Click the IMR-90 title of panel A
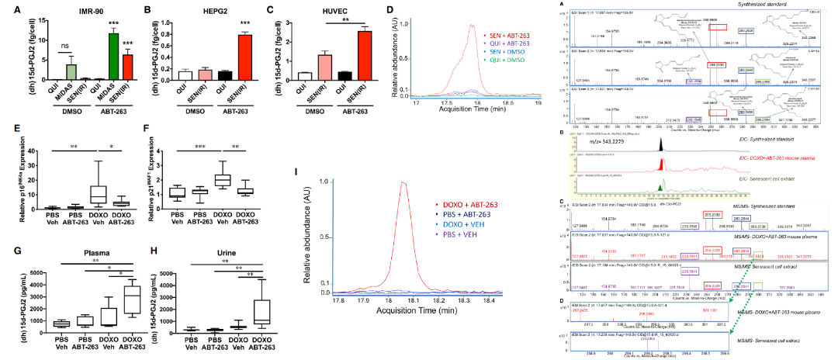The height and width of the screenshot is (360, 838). tap(72, 10)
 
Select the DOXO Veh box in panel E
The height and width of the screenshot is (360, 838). tap(97, 193)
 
